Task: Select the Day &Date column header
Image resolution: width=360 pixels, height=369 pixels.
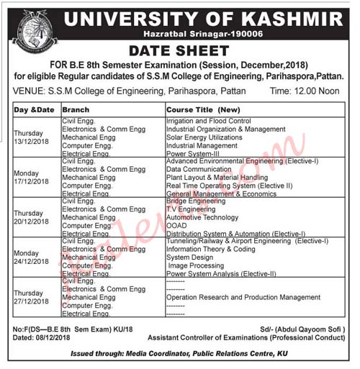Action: pyautogui.click(x=33, y=109)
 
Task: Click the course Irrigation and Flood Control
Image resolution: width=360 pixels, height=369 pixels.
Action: pyautogui.click(x=208, y=121)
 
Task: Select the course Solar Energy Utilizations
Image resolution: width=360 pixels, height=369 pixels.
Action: pyautogui.click(x=204, y=137)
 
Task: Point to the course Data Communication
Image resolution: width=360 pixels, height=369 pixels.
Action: pyautogui.click(x=196, y=169)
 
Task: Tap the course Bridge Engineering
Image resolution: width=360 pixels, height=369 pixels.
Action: pyautogui.click(x=196, y=201)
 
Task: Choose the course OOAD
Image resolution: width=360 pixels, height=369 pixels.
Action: pyautogui.click(x=176, y=225)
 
